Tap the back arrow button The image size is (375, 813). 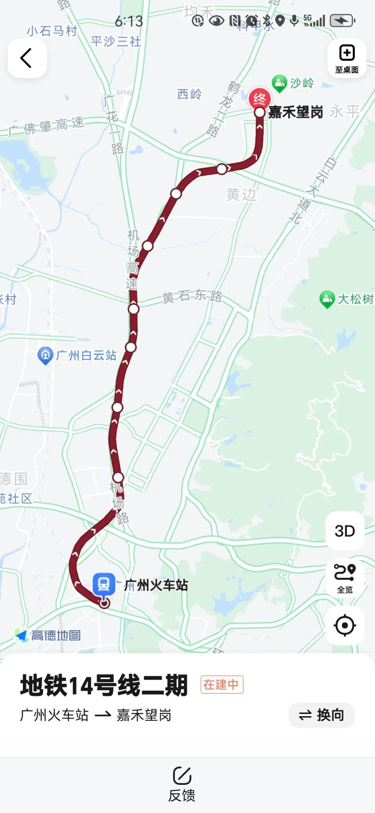[27, 58]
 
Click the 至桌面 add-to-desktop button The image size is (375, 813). [347, 58]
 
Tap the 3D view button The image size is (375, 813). [345, 531]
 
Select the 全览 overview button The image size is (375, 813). [345, 578]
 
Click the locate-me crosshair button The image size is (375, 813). [345, 625]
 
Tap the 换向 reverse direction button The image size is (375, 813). [321, 715]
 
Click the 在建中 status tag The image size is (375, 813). [222, 684]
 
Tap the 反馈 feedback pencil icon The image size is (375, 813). [182, 775]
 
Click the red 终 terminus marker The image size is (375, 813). [259, 99]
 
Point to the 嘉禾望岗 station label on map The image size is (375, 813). [295, 112]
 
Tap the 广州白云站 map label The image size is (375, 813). [86, 355]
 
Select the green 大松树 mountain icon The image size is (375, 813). [327, 299]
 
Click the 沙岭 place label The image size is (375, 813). [302, 83]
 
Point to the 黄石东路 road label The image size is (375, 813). [192, 296]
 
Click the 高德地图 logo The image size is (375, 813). [48, 635]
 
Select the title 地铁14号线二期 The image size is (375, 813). [104, 685]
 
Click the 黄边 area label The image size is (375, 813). [241, 194]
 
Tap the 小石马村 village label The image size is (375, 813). [52, 31]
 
